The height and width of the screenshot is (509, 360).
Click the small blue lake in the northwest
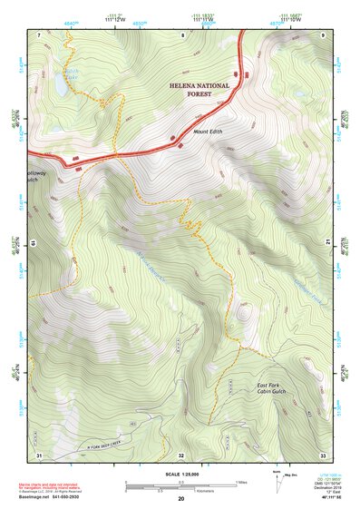point(58,84)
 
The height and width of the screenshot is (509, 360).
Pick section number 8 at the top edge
point(183,35)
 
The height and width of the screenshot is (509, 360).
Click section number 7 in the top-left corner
point(40,35)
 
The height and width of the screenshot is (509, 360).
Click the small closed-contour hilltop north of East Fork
point(243,315)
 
